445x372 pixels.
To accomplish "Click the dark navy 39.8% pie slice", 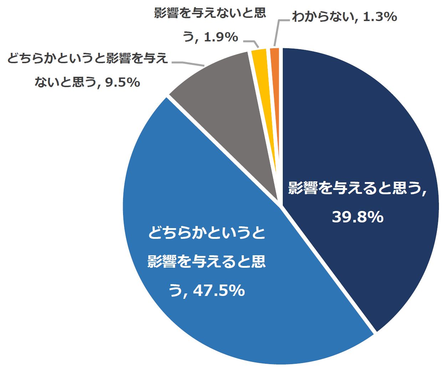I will [x=357, y=143].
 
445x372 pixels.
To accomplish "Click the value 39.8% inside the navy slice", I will [x=358, y=217].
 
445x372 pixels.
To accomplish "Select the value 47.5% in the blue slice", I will [x=219, y=291].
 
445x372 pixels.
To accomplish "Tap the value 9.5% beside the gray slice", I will [x=123, y=82].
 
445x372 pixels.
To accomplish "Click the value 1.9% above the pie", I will [x=221, y=37].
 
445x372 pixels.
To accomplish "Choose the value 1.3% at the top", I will [x=380, y=16].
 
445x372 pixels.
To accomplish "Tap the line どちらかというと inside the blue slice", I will [x=207, y=233].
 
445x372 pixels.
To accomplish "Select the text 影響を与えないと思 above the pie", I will [x=210, y=13].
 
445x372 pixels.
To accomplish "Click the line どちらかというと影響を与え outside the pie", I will [x=87, y=58].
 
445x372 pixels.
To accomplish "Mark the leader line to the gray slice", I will [x=188, y=64].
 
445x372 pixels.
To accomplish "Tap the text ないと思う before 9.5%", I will [x=65, y=82].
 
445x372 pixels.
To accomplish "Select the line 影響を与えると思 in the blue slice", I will [x=207, y=262].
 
